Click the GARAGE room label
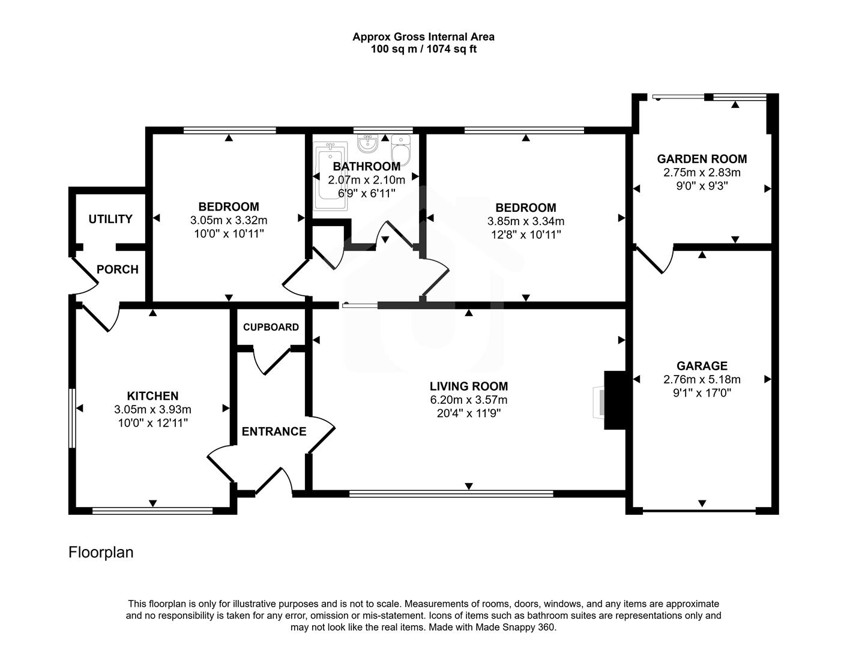click(x=702, y=366)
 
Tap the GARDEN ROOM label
click(x=702, y=159)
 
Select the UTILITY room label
click(x=110, y=219)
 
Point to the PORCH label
click(x=118, y=269)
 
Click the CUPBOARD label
click(x=271, y=327)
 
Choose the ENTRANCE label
click(x=274, y=431)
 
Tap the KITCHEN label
click(x=152, y=396)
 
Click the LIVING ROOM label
click(x=468, y=386)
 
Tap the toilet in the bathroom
click(x=400, y=150)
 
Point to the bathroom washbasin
click(x=367, y=144)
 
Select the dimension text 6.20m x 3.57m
click(x=468, y=400)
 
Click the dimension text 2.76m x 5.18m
click(x=702, y=379)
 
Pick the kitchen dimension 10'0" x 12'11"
click(x=152, y=422)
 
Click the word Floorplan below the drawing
click(x=101, y=552)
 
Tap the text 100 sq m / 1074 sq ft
click(x=423, y=49)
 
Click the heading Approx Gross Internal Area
click(x=423, y=37)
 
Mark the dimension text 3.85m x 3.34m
click(x=525, y=221)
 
